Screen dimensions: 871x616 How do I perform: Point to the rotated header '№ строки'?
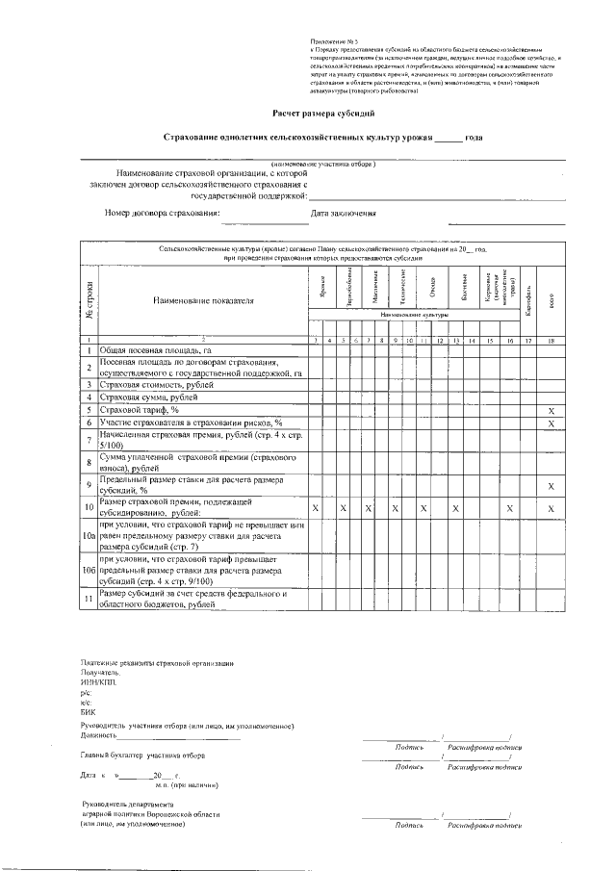pos(90,297)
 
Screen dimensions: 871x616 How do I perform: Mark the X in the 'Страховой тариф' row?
pos(552,410)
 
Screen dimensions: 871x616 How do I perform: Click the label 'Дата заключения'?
pos(343,213)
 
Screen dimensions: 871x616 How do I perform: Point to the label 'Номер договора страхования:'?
pos(163,213)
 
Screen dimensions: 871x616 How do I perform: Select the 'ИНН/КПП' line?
pos(96,682)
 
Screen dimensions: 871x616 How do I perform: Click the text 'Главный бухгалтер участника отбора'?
pos(143,756)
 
